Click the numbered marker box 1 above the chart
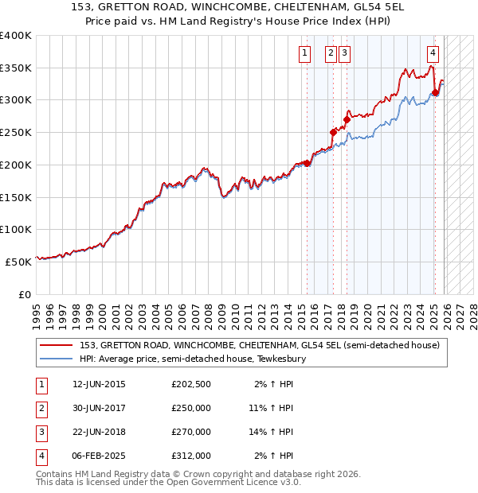[x=304, y=54]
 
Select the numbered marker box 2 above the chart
[x=331, y=54]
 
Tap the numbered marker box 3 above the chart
[x=344, y=54]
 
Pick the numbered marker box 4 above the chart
[x=433, y=54]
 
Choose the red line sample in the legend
[x=56, y=345]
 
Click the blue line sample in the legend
[x=56, y=359]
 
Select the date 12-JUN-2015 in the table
[x=99, y=384]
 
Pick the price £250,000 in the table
[x=190, y=408]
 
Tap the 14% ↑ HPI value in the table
[x=272, y=432]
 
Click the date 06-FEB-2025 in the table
[x=99, y=456]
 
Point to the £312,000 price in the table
[x=190, y=456]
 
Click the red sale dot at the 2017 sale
[x=333, y=132]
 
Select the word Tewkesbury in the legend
[x=284, y=359]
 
